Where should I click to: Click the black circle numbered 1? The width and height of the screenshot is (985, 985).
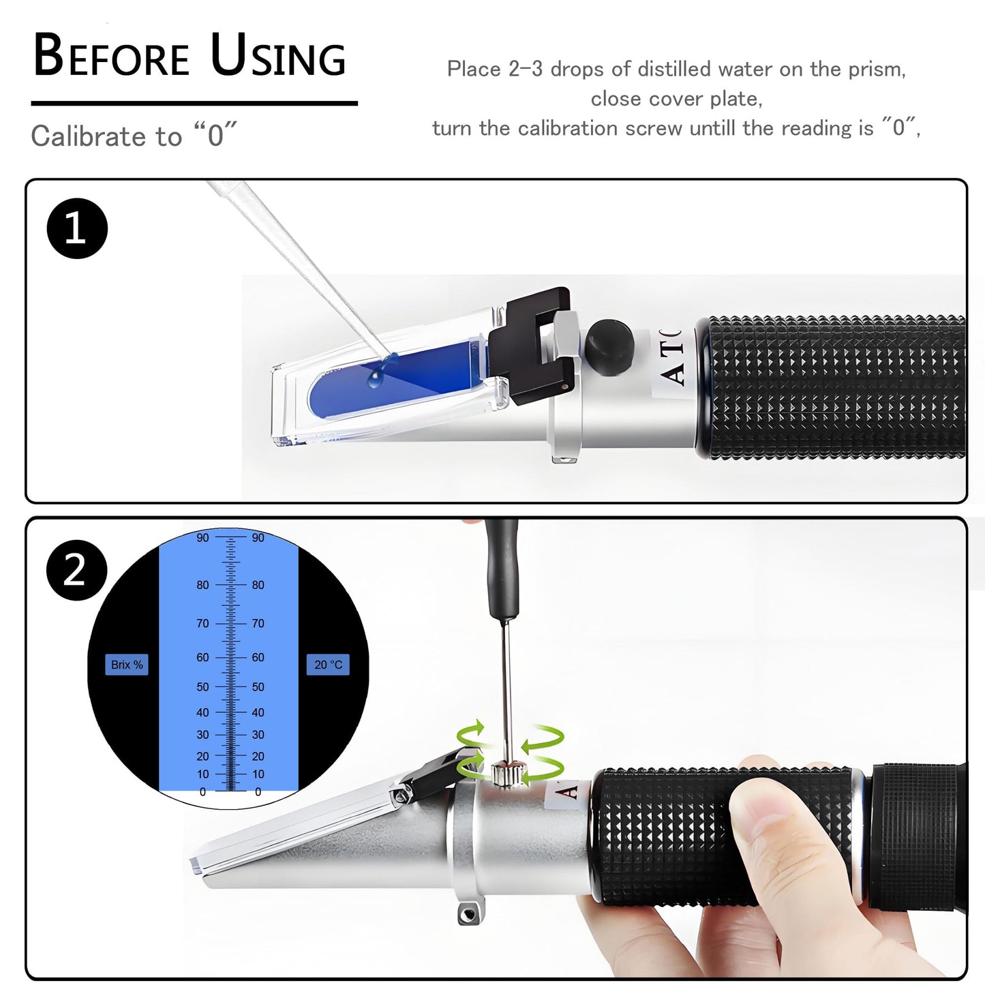77,228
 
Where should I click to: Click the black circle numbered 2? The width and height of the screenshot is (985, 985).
76,571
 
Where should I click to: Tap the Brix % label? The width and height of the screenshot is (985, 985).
127,665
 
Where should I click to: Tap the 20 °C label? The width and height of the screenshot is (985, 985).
328,665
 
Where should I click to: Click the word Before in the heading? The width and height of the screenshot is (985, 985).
111,56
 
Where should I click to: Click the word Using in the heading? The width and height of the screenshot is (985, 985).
278,56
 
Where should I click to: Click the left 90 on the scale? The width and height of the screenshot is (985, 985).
202,538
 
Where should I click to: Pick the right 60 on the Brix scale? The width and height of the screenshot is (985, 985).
258,658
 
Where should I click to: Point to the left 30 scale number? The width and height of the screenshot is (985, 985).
202,735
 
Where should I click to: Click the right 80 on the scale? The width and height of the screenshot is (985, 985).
258,585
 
